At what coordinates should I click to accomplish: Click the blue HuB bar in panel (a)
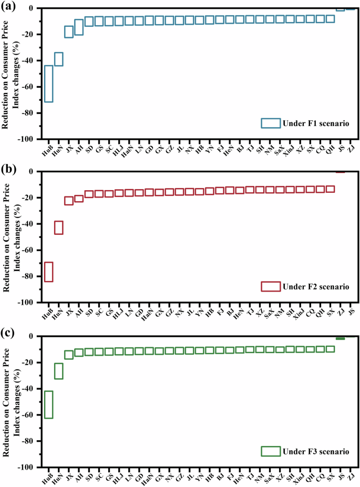click(x=48, y=84)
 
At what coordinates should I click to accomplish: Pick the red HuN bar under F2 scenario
click(x=59, y=227)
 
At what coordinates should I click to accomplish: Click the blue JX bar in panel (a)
click(x=69, y=32)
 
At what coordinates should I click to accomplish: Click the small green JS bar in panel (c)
click(x=340, y=338)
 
